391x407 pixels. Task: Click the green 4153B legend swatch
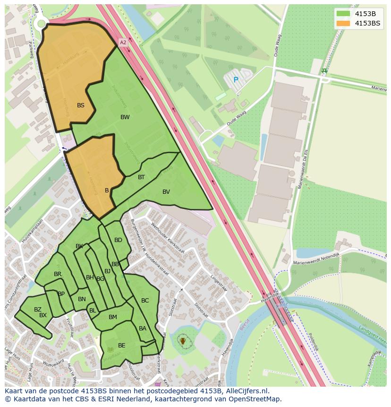343,14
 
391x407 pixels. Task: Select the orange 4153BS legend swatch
343,23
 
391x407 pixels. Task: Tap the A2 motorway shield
123,43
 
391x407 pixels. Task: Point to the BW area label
125,117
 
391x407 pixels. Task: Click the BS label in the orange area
81,105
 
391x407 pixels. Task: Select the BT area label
141,177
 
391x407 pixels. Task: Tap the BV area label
166,192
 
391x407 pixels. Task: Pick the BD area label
118,240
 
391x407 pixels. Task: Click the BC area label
145,301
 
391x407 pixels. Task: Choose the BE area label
122,346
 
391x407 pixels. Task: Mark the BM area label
112,317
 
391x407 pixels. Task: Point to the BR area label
58,274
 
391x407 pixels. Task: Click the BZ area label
38,310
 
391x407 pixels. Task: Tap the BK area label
79,246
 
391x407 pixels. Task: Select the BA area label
143,329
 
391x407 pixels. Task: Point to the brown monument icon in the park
183,341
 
